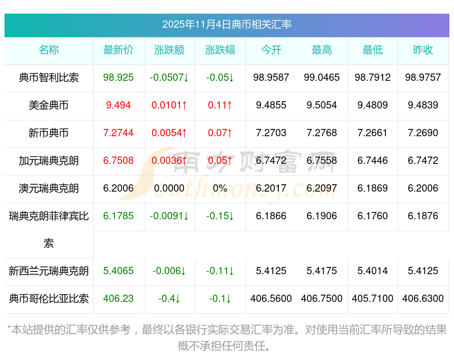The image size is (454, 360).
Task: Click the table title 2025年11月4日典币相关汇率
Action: (227, 25)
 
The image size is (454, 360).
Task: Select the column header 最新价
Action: (118, 50)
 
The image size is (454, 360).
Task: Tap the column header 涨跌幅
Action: (220, 50)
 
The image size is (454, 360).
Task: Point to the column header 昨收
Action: (423, 50)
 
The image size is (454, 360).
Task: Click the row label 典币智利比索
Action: (49, 78)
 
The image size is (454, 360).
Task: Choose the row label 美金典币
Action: (49, 105)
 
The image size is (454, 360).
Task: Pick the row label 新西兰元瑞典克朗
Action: (49, 271)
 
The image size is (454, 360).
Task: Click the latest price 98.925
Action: (118, 78)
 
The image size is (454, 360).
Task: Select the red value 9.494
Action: (118, 105)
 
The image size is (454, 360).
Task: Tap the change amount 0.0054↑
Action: (169, 133)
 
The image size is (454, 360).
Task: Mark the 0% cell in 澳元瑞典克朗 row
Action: (220, 188)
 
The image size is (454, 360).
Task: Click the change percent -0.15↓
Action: (220, 216)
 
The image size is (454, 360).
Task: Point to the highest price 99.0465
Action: (322, 78)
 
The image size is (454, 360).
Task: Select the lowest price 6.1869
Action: (373, 188)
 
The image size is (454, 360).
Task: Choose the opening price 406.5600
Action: (271, 299)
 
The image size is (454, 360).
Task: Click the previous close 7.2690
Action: (423, 133)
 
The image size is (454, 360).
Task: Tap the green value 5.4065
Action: (118, 271)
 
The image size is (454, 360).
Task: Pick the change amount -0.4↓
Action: (169, 299)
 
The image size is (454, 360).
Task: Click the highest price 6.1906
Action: (322, 216)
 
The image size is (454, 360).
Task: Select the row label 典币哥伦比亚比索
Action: (49, 299)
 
